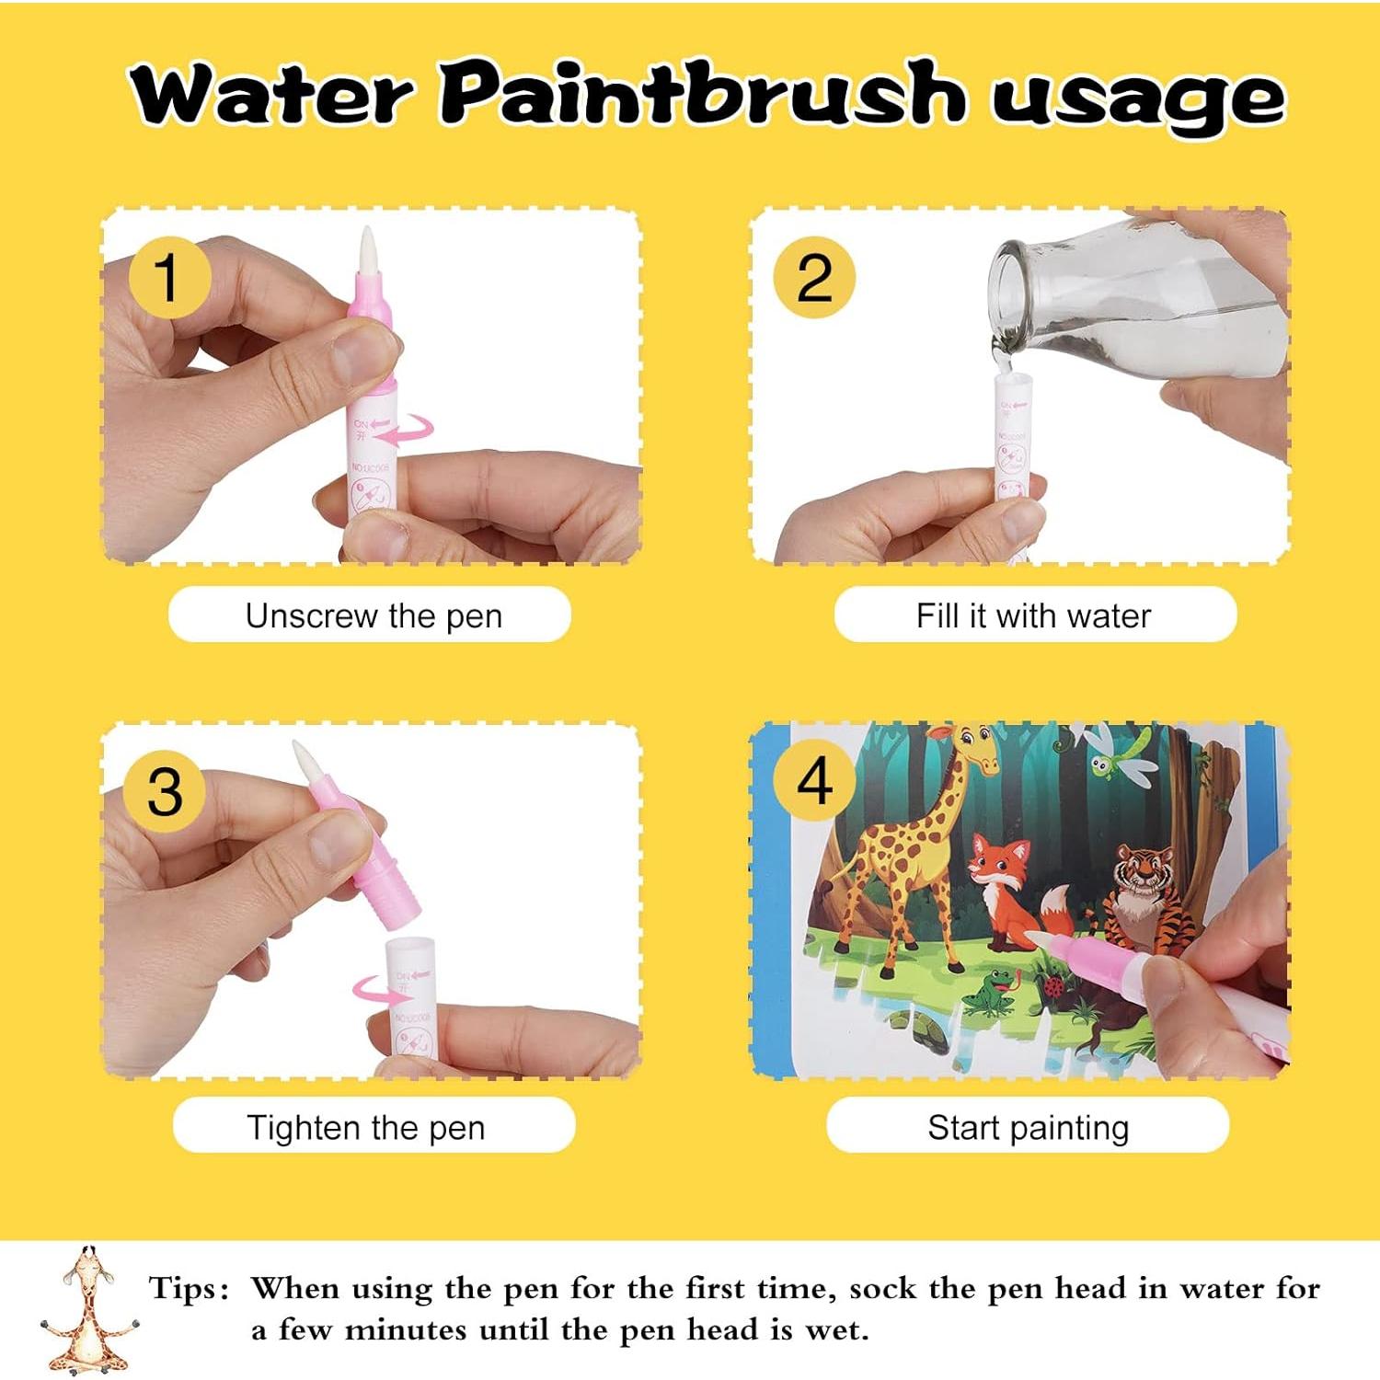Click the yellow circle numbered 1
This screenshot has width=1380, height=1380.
pyautogui.click(x=167, y=277)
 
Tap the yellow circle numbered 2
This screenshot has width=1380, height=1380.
pyautogui.click(x=813, y=277)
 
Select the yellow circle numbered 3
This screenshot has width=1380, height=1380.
pyautogui.click(x=165, y=791)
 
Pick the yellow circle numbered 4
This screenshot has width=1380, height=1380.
pyautogui.click(x=813, y=782)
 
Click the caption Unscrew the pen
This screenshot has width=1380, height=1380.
pyautogui.click(x=373, y=615)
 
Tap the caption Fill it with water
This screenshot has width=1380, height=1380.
pyautogui.click(x=1033, y=615)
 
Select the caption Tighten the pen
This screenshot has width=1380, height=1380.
pyautogui.click(x=365, y=1127)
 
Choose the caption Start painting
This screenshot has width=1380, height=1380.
pyautogui.click(x=1028, y=1127)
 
